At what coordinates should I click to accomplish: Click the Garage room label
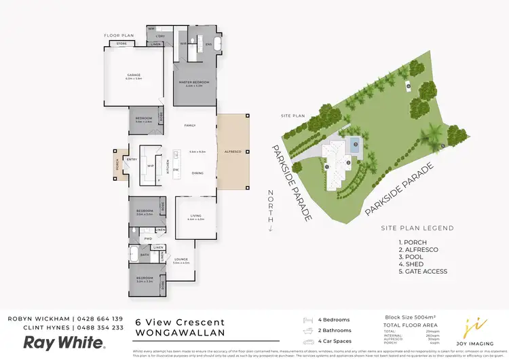pos(133,75)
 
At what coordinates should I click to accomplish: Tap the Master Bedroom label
pos(194,82)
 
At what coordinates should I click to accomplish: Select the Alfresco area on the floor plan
pos(233,151)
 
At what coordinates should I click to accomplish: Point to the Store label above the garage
pos(121,43)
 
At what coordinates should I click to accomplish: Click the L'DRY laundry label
pos(161,35)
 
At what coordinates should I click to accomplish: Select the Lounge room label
pos(181,260)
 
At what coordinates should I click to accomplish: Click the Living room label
pos(195,217)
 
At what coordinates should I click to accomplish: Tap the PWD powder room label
pos(147,238)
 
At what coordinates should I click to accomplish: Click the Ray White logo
pos(56,342)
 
